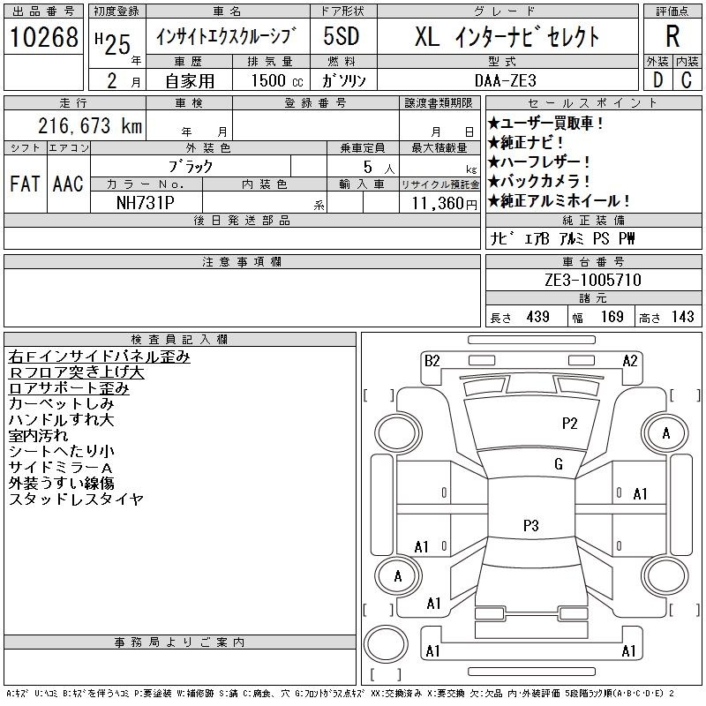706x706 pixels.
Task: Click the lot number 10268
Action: click(x=43, y=37)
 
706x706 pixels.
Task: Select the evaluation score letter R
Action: click(x=672, y=36)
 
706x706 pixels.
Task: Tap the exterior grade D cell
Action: click(x=657, y=80)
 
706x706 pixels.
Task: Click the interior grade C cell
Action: click(x=687, y=80)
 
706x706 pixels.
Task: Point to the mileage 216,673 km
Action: click(x=90, y=125)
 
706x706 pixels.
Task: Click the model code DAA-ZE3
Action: click(x=506, y=80)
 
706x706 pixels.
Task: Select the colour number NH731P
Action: click(x=145, y=203)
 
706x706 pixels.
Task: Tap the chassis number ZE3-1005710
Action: click(x=593, y=280)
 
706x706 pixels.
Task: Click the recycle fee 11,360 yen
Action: click(x=444, y=204)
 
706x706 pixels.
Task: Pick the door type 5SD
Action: click(x=342, y=36)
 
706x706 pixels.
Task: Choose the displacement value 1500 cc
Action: click(x=277, y=80)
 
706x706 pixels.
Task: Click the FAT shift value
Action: click(x=25, y=184)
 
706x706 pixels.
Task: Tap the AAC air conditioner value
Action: click(x=68, y=184)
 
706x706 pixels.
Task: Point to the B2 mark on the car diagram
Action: click(x=432, y=361)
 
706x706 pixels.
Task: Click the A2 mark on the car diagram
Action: click(x=630, y=361)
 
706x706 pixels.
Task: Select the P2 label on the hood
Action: click(x=569, y=424)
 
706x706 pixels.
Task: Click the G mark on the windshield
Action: click(x=559, y=464)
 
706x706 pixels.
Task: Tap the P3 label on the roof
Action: click(x=531, y=525)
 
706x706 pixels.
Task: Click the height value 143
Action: click(x=682, y=317)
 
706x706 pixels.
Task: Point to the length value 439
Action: click(x=538, y=317)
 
